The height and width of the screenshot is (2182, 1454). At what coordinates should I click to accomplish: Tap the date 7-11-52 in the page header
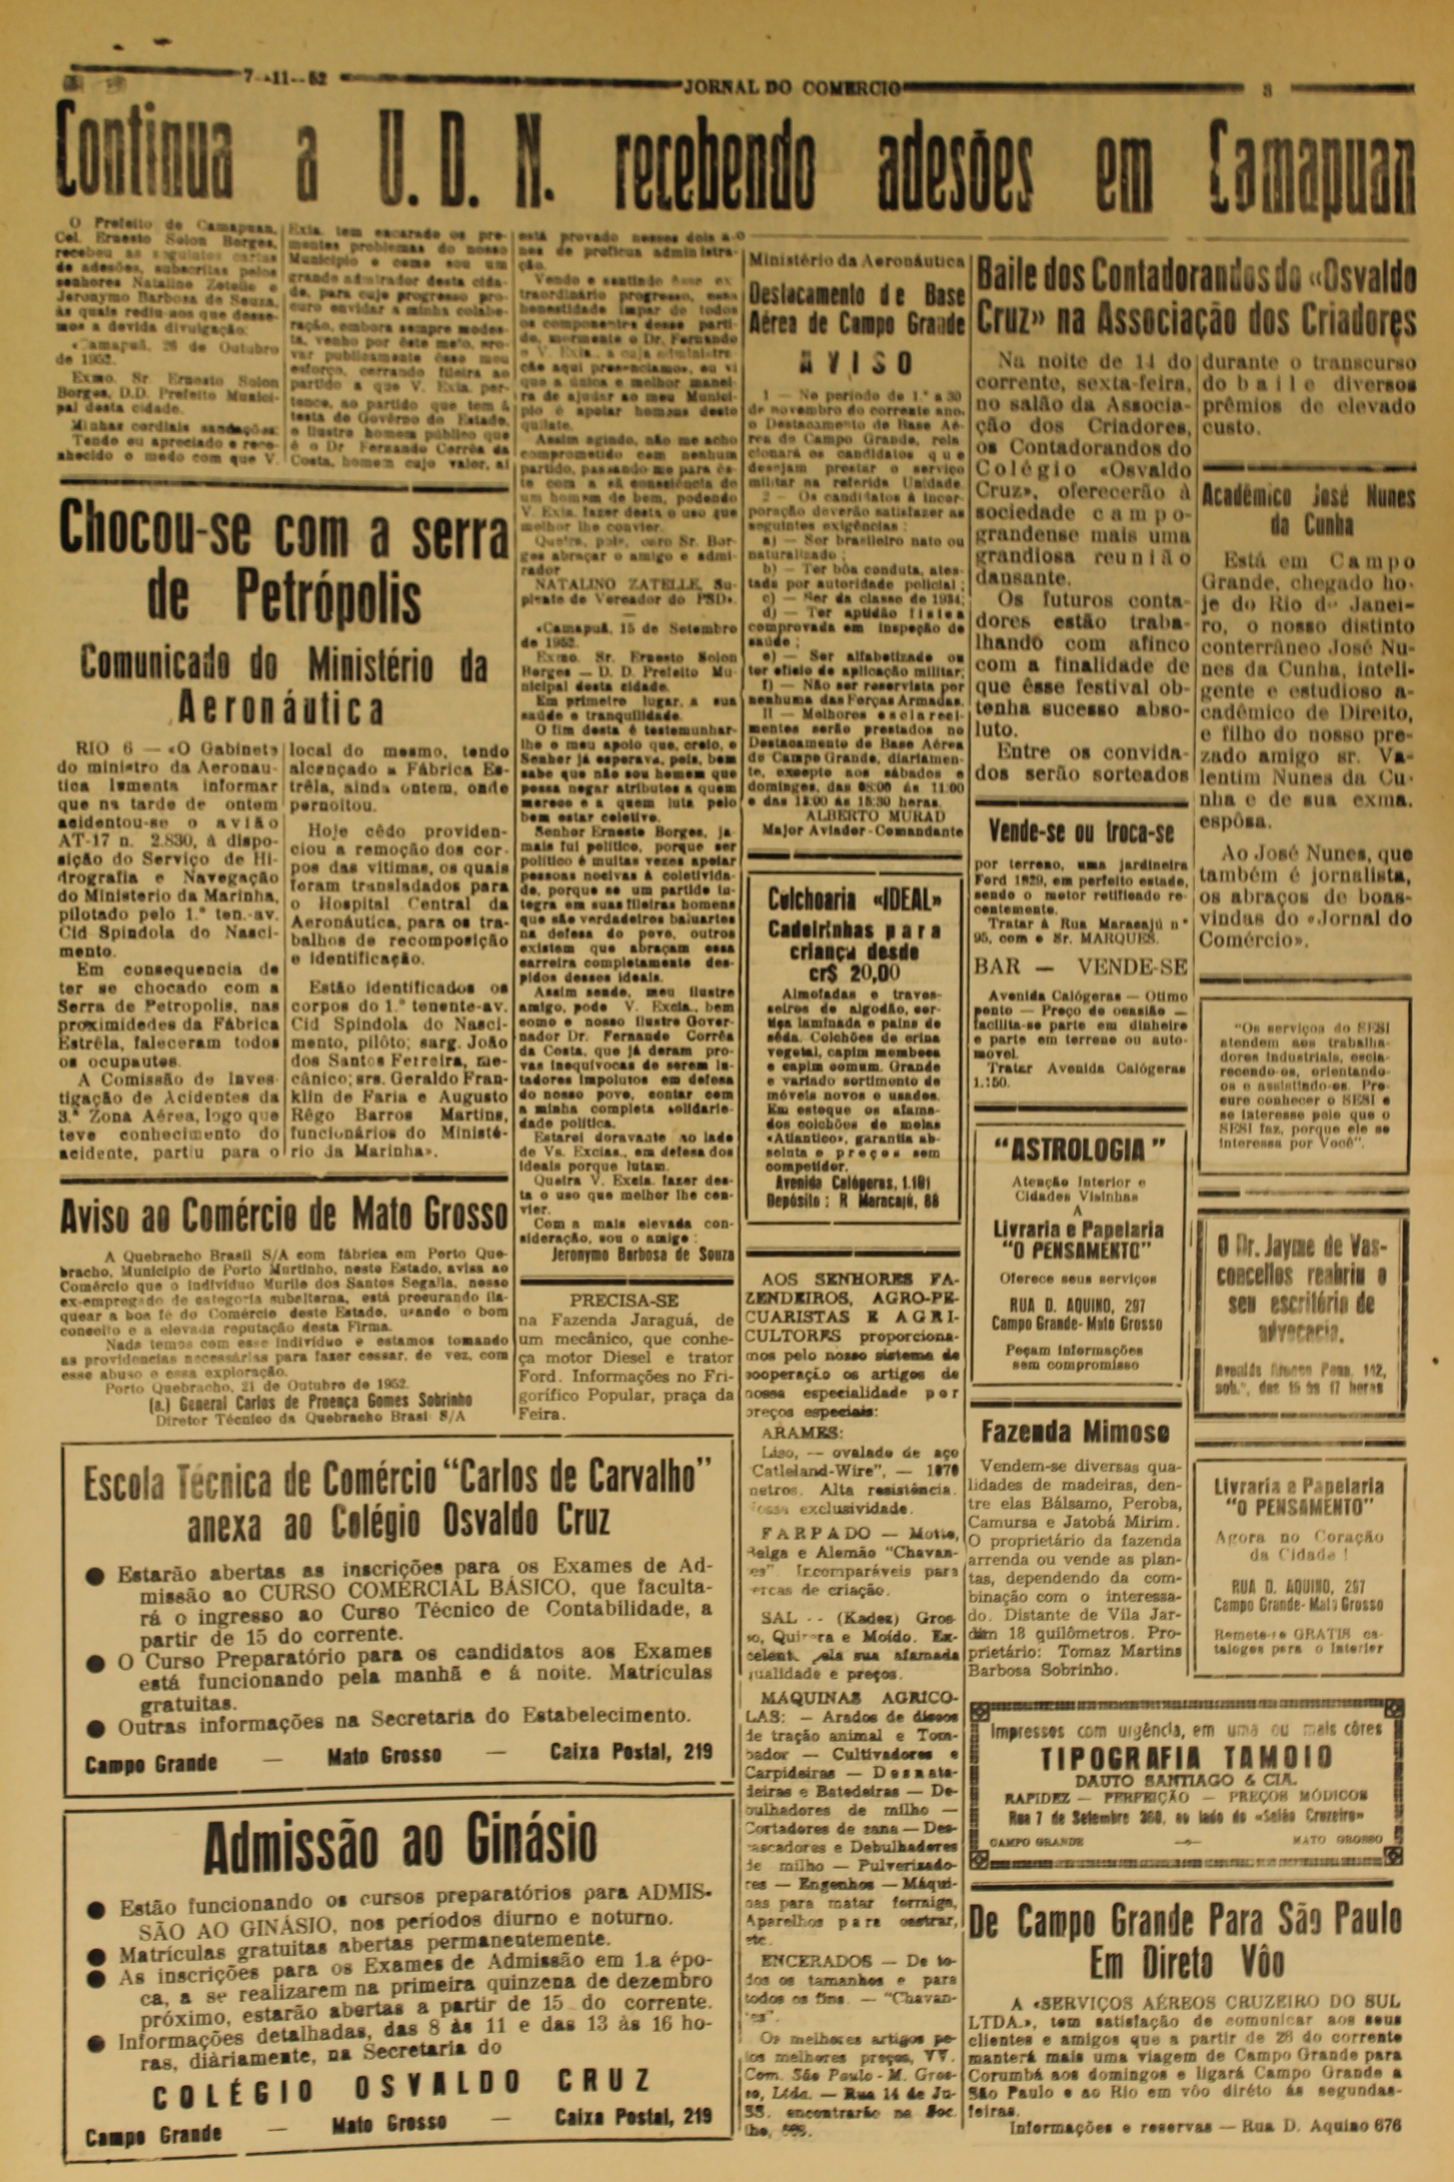(285, 79)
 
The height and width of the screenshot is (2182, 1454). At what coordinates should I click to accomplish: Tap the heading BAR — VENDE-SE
(1080, 967)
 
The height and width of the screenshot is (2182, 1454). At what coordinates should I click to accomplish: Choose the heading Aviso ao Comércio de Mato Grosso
(284, 1215)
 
